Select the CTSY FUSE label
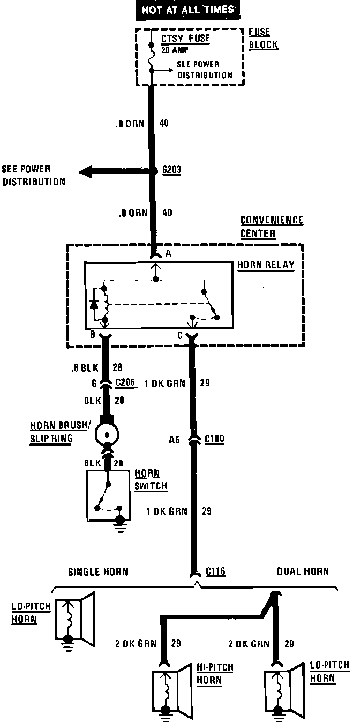click(x=186, y=39)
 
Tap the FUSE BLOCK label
click(x=263, y=39)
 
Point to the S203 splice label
click(x=172, y=170)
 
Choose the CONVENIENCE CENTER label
click(x=272, y=227)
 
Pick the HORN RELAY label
click(x=266, y=266)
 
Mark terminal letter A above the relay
click(x=168, y=254)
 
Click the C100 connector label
click(x=214, y=439)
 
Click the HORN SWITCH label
click(x=151, y=480)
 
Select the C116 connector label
click(x=216, y=571)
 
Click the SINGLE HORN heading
click(x=98, y=571)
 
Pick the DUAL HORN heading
click(x=303, y=571)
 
